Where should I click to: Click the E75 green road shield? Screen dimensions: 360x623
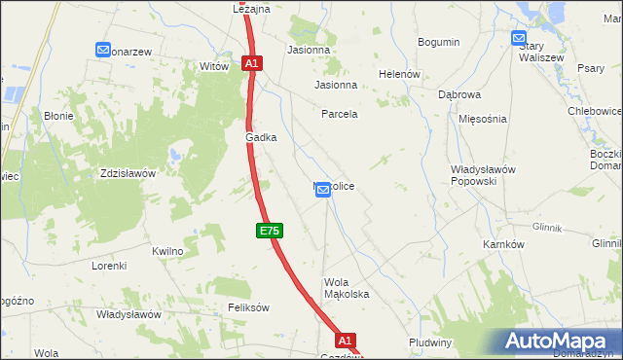pyautogui.click(x=270, y=231)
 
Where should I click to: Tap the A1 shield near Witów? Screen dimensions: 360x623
pyautogui.click(x=251, y=63)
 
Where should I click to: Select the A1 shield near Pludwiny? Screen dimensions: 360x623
pyautogui.click(x=346, y=341)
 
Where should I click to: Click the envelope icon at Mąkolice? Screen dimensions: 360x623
pyautogui.click(x=323, y=192)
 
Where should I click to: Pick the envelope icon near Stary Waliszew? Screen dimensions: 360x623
pyautogui.click(x=519, y=38)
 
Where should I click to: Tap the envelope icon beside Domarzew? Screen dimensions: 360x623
pyautogui.click(x=102, y=50)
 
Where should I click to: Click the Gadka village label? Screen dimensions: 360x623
pyautogui.click(x=261, y=138)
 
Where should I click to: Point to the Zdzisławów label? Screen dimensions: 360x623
pyautogui.click(x=128, y=174)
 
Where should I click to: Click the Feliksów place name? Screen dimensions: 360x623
pyautogui.click(x=247, y=307)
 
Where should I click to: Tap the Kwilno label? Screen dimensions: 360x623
pyautogui.click(x=167, y=251)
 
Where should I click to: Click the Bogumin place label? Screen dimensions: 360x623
pyautogui.click(x=438, y=42)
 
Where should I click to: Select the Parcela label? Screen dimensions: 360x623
pyautogui.click(x=340, y=114)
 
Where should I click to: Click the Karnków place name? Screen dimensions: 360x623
pyautogui.click(x=503, y=244)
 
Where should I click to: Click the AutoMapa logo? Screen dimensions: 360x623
pyautogui.click(x=560, y=342)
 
